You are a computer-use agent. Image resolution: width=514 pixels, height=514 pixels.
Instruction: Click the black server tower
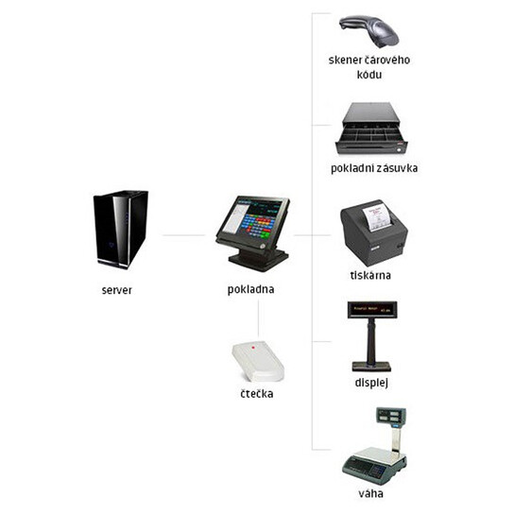click(121, 230)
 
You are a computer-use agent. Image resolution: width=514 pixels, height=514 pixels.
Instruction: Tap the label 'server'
click(117, 290)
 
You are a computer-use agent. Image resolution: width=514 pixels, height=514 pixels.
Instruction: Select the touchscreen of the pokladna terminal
click(251, 217)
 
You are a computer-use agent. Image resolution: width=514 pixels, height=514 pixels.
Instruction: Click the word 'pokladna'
click(250, 289)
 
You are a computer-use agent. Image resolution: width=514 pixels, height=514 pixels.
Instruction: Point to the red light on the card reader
click(253, 348)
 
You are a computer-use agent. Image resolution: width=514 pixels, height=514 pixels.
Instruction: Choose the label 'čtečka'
click(257, 393)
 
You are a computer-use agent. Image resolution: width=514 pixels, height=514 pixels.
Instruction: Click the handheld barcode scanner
click(369, 31)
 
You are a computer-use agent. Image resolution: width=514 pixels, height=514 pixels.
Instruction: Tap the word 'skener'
click(344, 60)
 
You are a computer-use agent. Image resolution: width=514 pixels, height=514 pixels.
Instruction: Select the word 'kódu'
click(369, 75)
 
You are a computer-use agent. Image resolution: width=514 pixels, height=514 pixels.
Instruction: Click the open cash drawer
click(371, 128)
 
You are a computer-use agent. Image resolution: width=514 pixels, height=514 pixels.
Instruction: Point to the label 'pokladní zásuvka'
click(374, 168)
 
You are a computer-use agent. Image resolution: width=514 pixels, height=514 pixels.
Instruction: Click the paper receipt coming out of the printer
click(377, 215)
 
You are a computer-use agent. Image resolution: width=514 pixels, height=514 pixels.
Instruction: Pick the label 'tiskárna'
click(370, 275)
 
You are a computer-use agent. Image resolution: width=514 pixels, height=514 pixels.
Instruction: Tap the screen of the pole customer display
click(372, 310)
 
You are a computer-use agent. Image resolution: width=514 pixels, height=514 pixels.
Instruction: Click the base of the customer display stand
click(371, 367)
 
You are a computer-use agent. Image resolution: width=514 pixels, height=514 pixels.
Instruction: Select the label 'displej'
click(371, 383)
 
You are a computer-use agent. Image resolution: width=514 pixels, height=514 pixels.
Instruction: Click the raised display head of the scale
click(391, 417)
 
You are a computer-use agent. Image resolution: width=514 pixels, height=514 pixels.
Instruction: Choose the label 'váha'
click(370, 493)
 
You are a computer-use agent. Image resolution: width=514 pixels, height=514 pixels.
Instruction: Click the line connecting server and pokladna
click(184, 235)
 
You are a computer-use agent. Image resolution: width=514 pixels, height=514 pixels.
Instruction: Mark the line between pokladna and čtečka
click(258, 318)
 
